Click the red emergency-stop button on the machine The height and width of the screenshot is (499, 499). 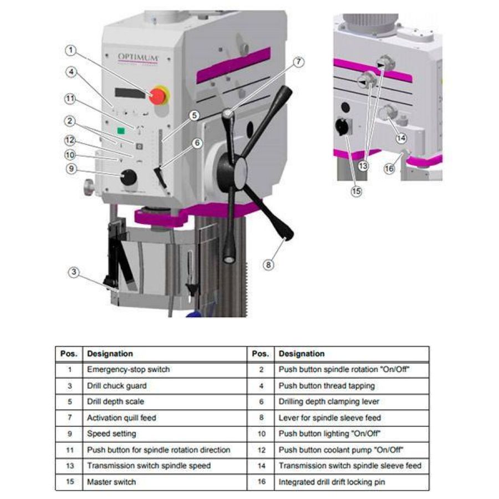[x=158, y=95]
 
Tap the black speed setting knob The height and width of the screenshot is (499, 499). [x=129, y=177]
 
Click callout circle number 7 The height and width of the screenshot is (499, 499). [x=299, y=62]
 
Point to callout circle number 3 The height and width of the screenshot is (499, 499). [x=74, y=272]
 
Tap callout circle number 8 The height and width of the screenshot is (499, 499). [x=268, y=265]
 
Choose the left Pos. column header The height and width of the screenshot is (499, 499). [x=69, y=354]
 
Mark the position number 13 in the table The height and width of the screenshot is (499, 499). [x=69, y=466]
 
